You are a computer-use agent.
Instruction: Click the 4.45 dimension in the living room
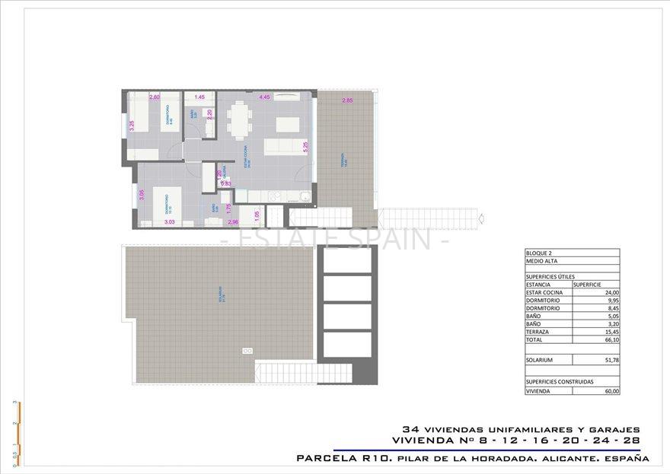point(265,97)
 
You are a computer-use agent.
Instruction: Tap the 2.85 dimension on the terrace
point(347,101)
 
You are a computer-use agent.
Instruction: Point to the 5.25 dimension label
point(305,148)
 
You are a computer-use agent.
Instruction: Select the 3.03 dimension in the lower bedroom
point(169,222)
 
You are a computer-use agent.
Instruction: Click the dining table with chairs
point(238,119)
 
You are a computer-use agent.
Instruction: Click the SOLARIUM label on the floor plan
point(220,293)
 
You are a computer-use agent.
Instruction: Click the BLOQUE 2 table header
point(539,253)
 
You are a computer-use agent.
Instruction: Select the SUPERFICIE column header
point(589,284)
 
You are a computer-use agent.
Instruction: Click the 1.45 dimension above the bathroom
point(199,97)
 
